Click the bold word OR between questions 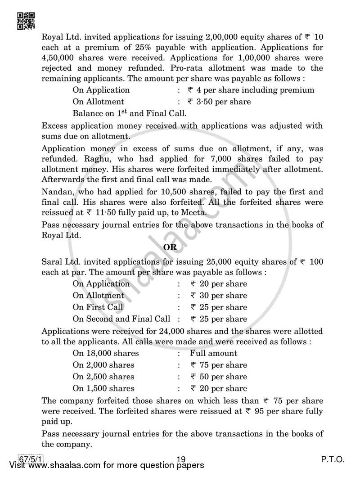pyautogui.click(x=170, y=247)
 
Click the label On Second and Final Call pyautogui.click(x=121, y=319)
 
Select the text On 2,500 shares pyautogui.click(x=103, y=377)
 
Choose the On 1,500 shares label pyautogui.click(x=103, y=388)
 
